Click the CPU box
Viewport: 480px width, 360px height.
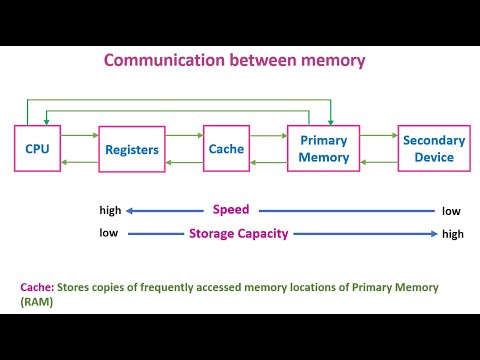(x=38, y=150)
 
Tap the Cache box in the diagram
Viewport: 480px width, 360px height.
(x=226, y=149)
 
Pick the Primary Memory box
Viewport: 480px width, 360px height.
(x=324, y=149)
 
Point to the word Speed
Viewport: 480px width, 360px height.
(x=231, y=210)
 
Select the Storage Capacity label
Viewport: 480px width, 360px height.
(x=239, y=234)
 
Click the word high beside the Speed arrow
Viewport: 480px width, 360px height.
(x=110, y=211)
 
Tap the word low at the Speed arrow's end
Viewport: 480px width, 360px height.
(x=452, y=211)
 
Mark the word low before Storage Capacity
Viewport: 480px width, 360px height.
(x=108, y=234)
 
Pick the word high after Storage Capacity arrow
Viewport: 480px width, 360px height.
(x=453, y=234)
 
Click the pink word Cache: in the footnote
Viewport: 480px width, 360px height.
(x=38, y=287)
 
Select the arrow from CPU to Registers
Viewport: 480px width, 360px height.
(x=80, y=132)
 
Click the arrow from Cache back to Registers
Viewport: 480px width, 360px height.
(x=184, y=163)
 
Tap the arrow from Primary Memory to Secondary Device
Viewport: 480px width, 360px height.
(x=379, y=133)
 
